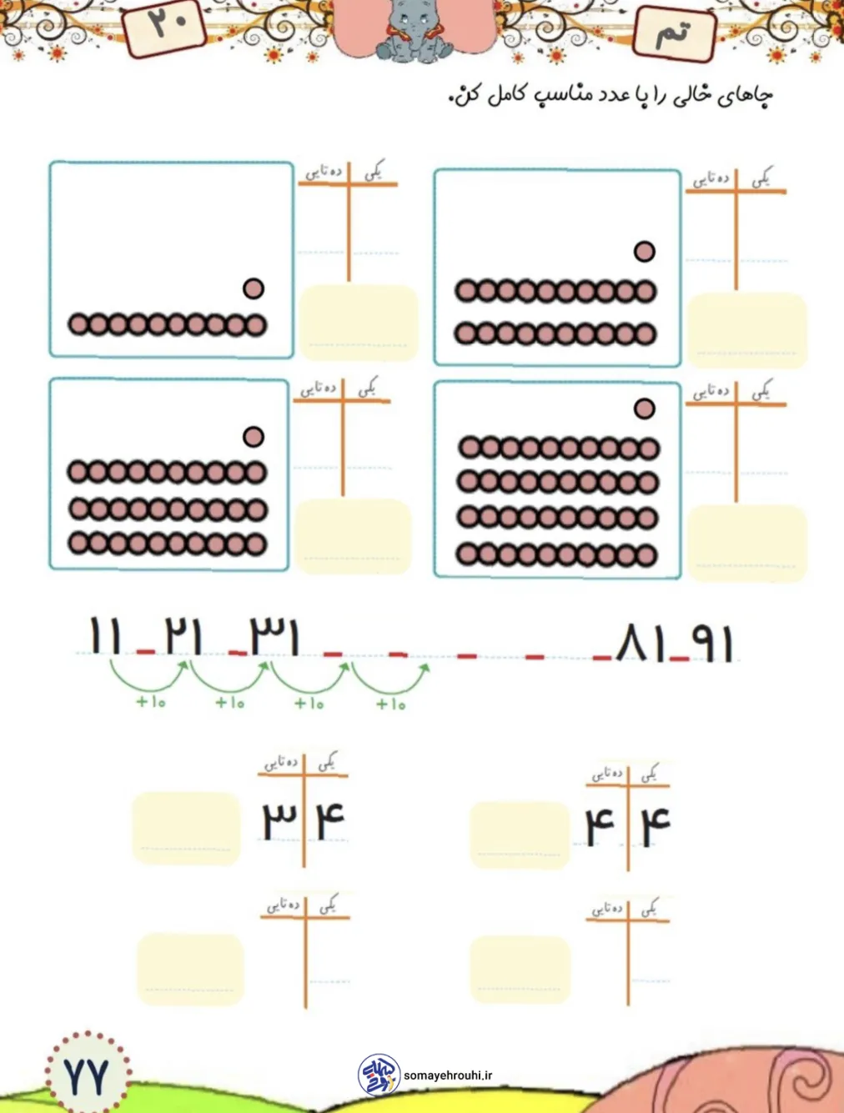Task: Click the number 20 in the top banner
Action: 167,23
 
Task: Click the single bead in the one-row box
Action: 254,288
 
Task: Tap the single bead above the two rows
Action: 644,251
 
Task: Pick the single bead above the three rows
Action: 254,436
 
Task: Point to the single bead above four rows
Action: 644,409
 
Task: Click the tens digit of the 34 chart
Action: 279,821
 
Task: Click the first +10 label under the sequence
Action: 151,702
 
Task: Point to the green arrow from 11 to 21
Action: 148,676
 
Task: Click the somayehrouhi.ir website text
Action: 448,1075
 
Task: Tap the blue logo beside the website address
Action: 379,1075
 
